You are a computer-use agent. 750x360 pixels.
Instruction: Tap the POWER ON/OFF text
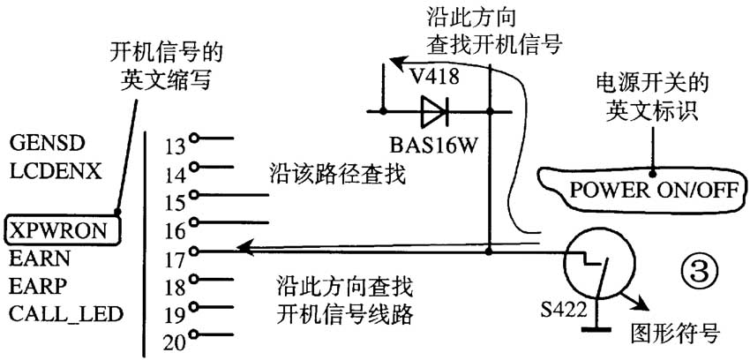654,189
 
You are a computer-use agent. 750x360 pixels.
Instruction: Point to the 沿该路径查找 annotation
336,175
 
